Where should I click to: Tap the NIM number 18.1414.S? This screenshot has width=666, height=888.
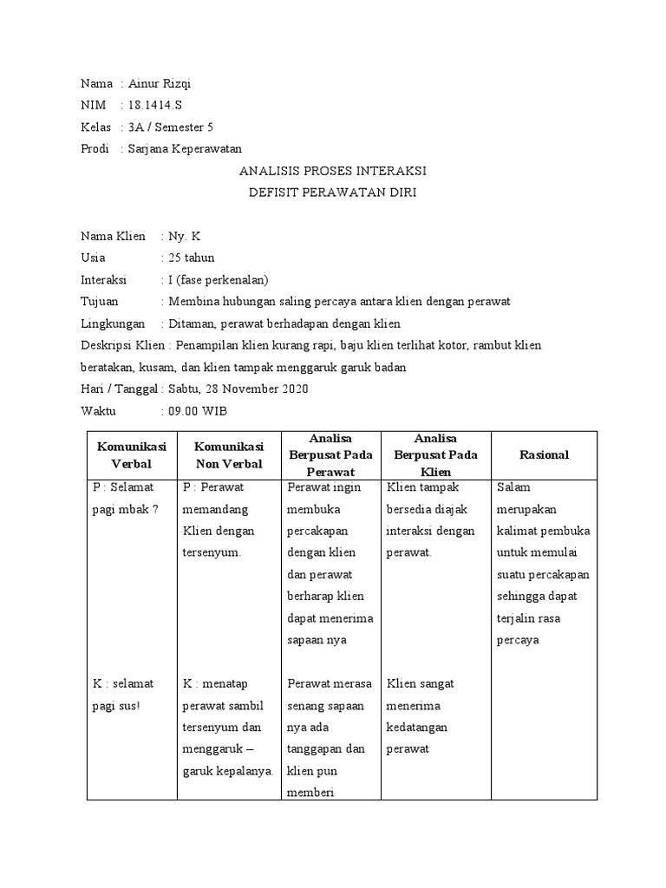click(x=155, y=106)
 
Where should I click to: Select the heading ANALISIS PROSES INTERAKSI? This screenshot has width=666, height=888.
click(x=332, y=171)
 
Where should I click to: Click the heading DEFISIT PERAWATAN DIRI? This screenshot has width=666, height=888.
click(x=332, y=193)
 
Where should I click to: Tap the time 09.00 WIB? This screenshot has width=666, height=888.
click(x=198, y=410)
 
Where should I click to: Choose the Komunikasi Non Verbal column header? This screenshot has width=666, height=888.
click(x=229, y=454)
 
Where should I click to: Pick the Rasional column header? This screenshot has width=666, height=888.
click(x=544, y=454)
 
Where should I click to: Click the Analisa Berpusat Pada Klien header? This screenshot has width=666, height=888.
click(x=435, y=454)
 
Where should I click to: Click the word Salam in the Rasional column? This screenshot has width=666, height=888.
click(x=513, y=487)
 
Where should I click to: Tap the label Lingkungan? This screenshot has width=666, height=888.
click(x=111, y=323)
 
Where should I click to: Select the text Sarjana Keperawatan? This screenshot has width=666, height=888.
click(x=185, y=149)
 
